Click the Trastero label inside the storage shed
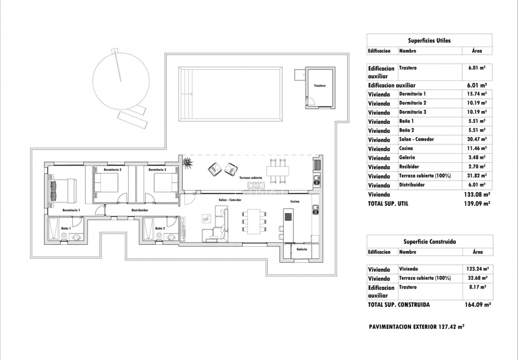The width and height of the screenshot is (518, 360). coord(320,85)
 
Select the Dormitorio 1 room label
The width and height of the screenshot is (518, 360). coord(71,210)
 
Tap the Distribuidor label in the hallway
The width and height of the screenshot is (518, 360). coord(140,210)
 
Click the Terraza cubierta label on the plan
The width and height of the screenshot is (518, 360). coord(250,177)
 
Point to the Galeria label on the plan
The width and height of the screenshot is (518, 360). coord(302,249)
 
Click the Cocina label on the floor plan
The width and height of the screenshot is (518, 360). coord(294,202)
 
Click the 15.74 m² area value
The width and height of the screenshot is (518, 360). coord(477,94)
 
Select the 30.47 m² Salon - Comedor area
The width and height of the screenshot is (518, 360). coord(477,140)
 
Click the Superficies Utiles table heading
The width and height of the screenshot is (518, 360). coord(429,41)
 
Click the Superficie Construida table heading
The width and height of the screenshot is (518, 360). coord(429,242)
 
